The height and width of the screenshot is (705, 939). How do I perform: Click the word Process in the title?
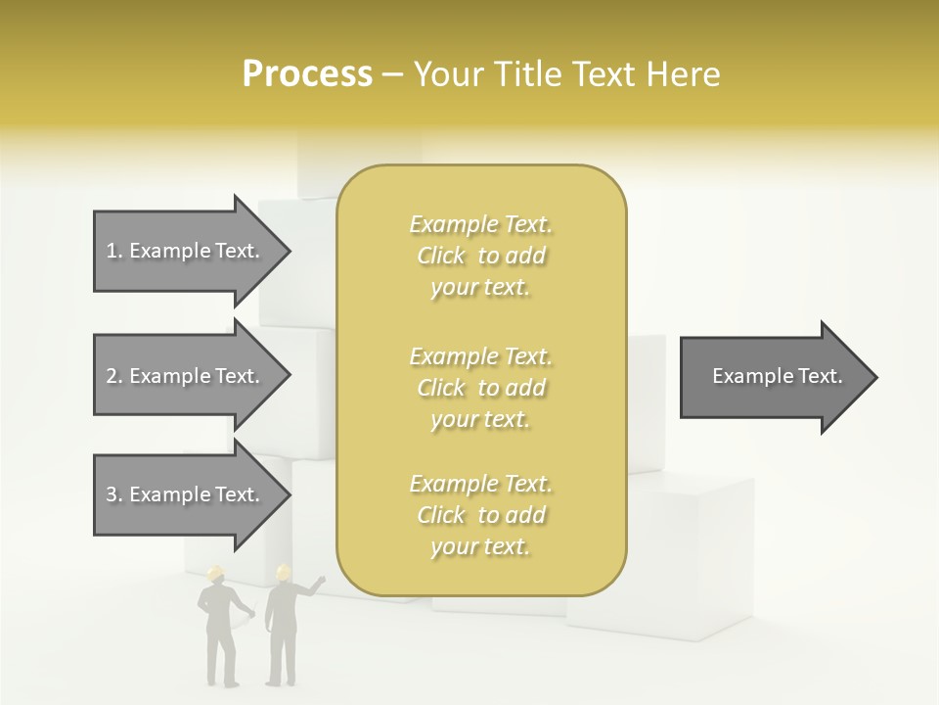tap(307, 74)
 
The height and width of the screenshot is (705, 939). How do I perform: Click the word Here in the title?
tap(684, 74)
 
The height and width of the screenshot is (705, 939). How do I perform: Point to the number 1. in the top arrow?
tap(114, 251)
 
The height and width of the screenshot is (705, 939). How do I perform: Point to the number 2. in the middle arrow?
tap(114, 376)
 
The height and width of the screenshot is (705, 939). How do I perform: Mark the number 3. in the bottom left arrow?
tap(114, 494)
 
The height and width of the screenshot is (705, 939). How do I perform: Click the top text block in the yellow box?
tap(480, 256)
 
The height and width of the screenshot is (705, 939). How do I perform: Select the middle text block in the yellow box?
tap(480, 388)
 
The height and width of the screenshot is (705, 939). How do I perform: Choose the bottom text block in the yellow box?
tap(480, 515)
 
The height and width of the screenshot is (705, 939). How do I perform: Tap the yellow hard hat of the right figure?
tap(284, 572)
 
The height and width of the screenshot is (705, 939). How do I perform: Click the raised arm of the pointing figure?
tap(311, 587)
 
